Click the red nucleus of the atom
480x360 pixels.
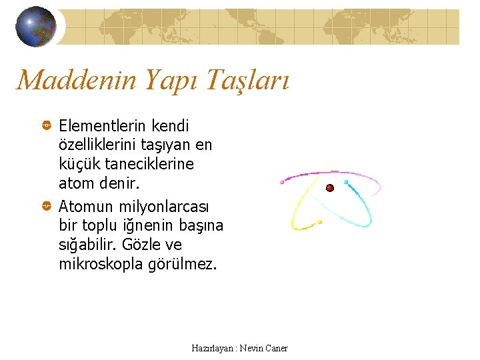[x=329, y=188]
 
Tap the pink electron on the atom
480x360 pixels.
[x=283, y=181]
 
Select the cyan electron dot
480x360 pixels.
[x=346, y=181]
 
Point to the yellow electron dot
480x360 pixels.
[x=319, y=222]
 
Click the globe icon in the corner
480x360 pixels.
[x=35, y=27]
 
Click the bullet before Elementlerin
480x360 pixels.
[x=47, y=126]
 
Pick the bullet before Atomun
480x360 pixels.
[x=47, y=207]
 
